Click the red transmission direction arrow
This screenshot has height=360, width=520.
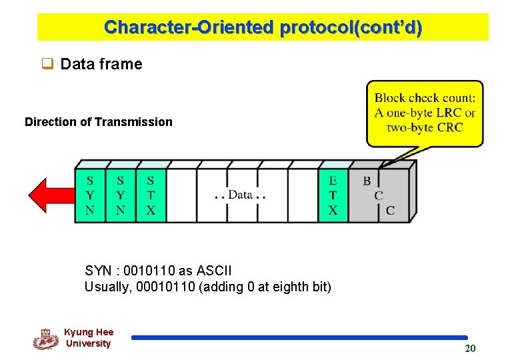click(x=50, y=194)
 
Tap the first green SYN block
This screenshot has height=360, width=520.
click(x=90, y=195)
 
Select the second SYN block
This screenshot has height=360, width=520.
click(x=120, y=195)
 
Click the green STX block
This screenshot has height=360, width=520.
click(x=151, y=195)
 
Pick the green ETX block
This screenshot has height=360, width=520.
click(x=333, y=195)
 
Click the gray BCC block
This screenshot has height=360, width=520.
click(x=378, y=195)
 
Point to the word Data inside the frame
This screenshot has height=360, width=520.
click(x=240, y=195)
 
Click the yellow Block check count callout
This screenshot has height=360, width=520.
click(x=425, y=113)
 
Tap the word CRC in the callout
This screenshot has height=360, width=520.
click(x=451, y=127)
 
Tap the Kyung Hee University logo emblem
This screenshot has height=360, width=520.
click(x=45, y=339)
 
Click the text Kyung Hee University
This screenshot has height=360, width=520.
click(x=89, y=338)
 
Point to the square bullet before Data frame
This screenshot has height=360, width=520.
click(x=47, y=64)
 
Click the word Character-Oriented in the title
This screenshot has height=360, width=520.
click(x=189, y=28)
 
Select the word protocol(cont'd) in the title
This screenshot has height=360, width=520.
click(x=351, y=28)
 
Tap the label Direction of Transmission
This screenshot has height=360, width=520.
click(x=98, y=122)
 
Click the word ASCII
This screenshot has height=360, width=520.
click(x=215, y=271)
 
